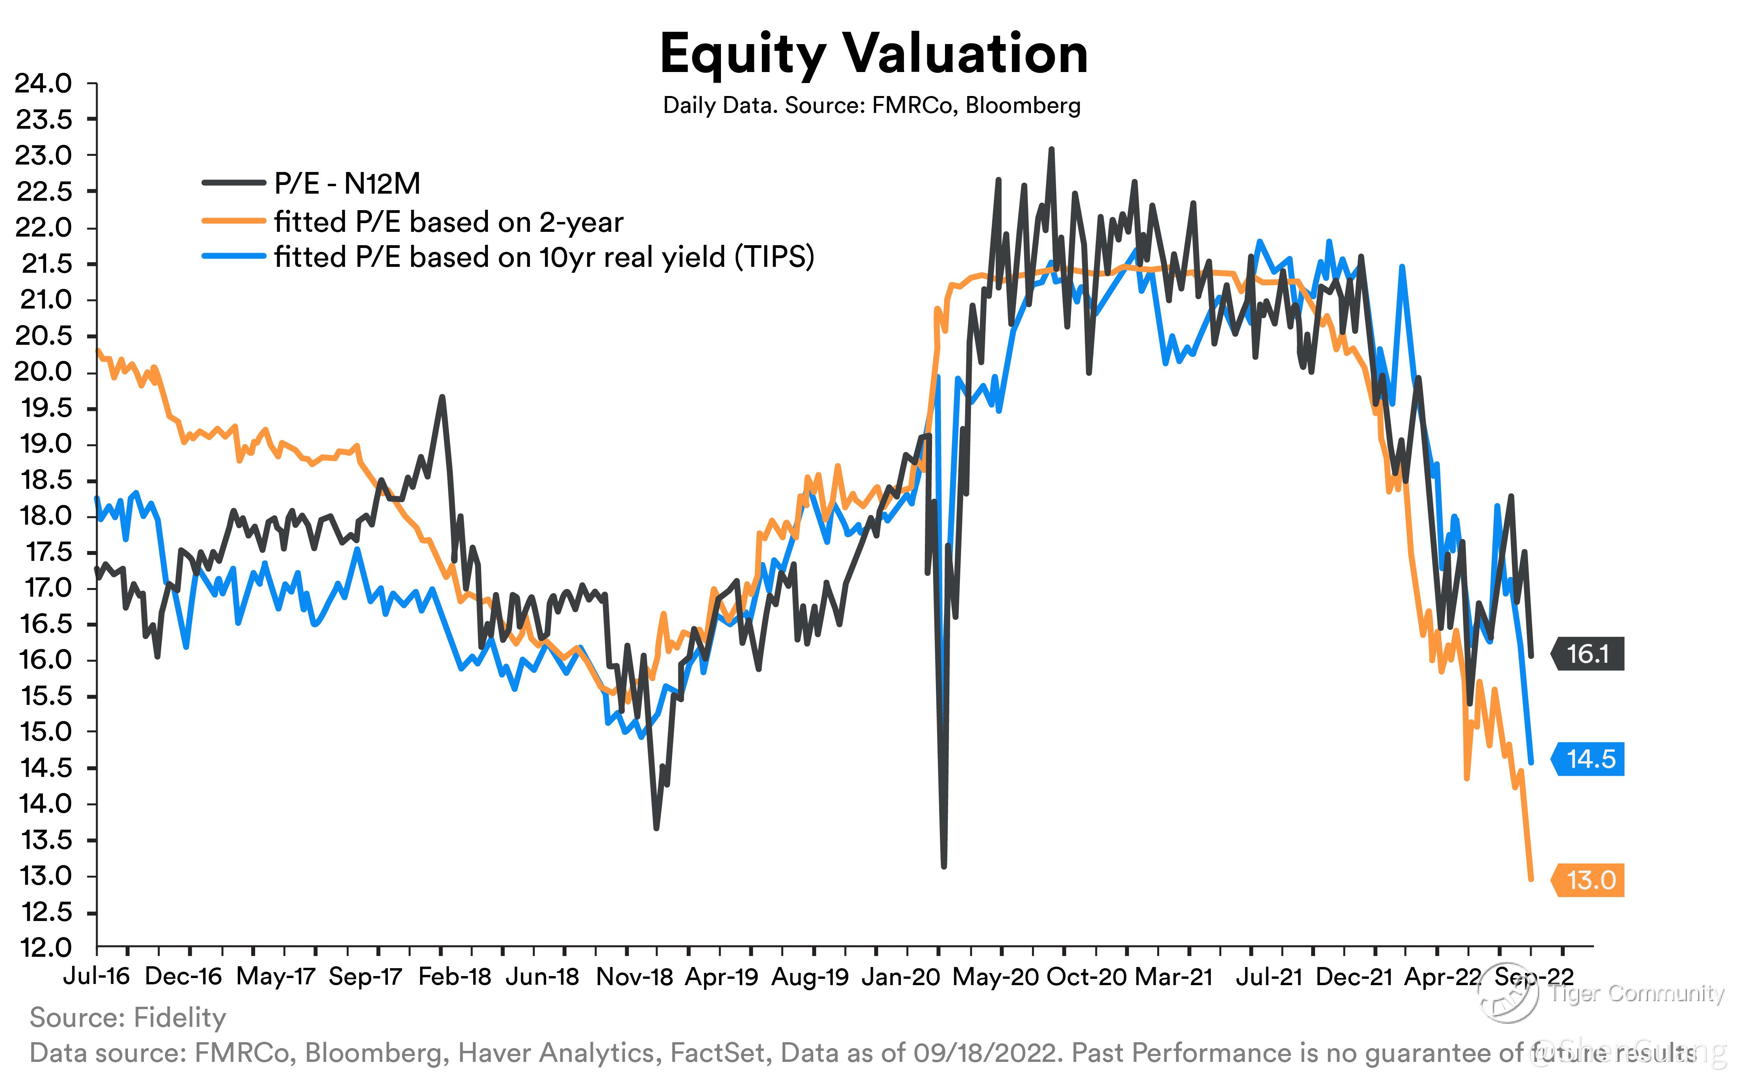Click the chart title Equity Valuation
873,54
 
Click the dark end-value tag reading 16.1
1588,654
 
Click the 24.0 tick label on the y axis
43,84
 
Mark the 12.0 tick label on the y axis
43,947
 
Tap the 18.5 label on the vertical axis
43,480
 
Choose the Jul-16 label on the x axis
96,976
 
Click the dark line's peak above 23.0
1051,150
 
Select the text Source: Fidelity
128,1017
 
